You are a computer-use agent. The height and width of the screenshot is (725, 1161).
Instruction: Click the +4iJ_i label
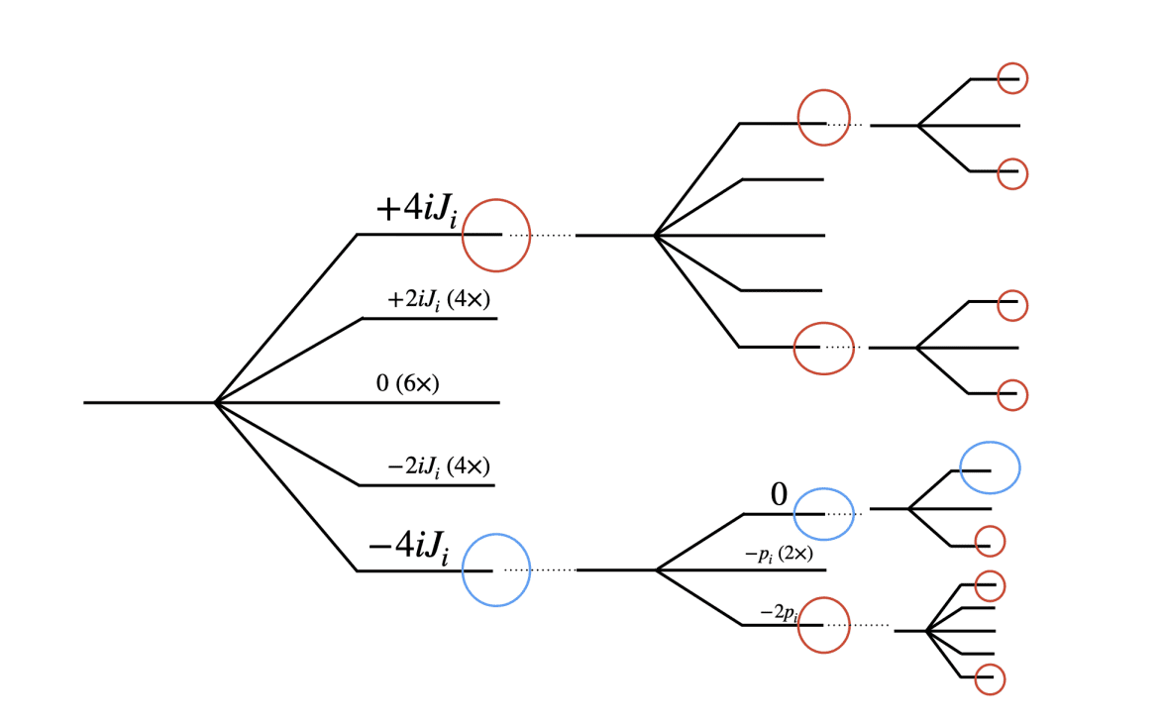pos(416,211)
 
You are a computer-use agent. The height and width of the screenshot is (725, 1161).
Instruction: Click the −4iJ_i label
pos(408,548)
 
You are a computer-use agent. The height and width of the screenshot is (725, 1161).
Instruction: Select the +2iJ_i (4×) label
pos(439,299)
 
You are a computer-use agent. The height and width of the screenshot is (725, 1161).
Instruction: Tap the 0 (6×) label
pos(407,384)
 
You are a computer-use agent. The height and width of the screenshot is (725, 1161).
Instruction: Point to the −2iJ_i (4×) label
pos(439,466)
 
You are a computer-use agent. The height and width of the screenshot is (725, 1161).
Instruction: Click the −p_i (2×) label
pos(779,555)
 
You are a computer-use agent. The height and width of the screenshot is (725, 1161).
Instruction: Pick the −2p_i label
pos(779,614)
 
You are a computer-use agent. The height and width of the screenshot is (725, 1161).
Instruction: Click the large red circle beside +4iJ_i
pos(496,235)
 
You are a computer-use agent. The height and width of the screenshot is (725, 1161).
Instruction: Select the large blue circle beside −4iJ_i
pos(496,570)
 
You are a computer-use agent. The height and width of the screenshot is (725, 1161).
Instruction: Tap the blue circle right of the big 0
pos(823,514)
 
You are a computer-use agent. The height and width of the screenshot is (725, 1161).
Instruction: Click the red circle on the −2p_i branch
pos(824,625)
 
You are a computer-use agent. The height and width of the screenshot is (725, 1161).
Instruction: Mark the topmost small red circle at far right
pos(1011,78)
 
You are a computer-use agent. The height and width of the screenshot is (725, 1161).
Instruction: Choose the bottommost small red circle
pos(990,678)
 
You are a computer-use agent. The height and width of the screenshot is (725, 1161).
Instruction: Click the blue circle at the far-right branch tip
pos(990,467)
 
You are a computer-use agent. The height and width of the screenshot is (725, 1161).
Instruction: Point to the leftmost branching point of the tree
pos(215,402)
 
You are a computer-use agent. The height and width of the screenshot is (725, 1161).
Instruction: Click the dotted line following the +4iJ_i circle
pos(541,236)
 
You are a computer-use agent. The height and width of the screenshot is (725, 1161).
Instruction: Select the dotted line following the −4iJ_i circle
pos(540,570)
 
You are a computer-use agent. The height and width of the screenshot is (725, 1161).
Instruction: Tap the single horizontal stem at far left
pos(149,402)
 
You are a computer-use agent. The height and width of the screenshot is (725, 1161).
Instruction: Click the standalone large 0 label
pos(779,495)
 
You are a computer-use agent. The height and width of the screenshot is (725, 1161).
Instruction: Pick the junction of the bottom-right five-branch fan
pos(926,630)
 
